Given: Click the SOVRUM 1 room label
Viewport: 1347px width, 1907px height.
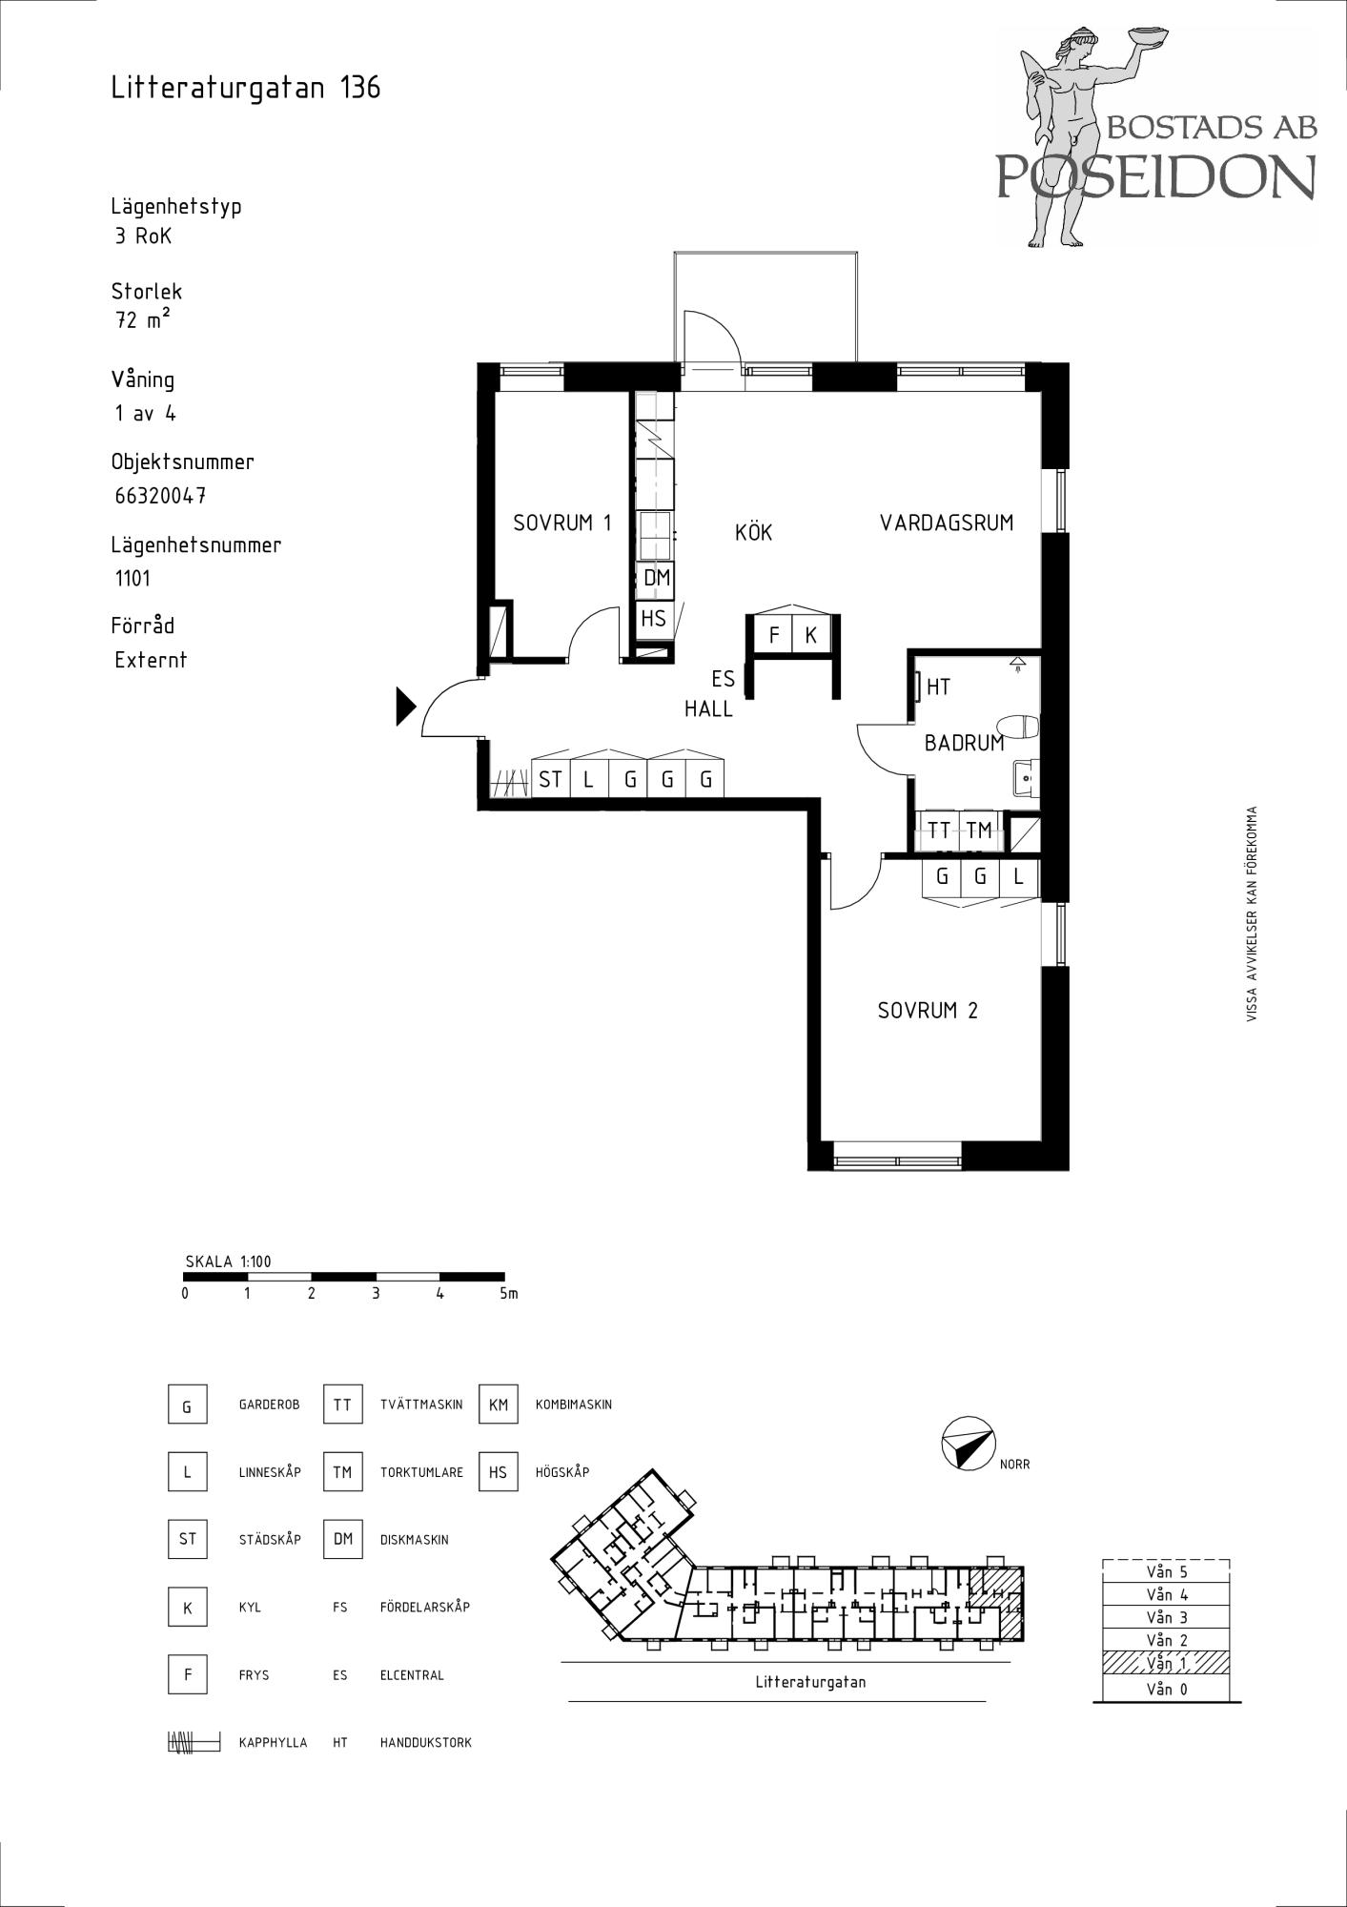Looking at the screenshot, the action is coord(561,523).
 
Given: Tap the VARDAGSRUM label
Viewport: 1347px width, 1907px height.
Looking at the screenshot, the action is coord(947,523).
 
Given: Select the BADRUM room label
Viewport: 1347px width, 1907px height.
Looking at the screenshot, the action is coord(964,743).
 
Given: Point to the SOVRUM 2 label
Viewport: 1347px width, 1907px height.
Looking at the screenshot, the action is coord(928,1011).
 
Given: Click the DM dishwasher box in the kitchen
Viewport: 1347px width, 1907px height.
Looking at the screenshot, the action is coord(656,578).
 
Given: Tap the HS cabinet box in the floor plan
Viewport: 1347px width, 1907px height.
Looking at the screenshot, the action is coord(654,619).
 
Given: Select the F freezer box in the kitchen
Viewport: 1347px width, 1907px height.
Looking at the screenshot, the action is coord(774,635).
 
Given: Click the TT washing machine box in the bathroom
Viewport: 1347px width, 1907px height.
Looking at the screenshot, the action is coord(940,830).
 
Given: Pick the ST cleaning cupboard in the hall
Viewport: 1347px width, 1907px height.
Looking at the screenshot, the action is coord(550,780).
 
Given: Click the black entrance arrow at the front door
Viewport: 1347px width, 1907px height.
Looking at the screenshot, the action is coord(406,707).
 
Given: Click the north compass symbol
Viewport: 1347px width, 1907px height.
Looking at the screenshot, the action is coord(967,1443).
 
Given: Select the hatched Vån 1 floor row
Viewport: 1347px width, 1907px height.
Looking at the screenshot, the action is coord(1166,1663).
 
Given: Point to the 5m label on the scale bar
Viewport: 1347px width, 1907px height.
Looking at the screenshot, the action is coord(508,1294).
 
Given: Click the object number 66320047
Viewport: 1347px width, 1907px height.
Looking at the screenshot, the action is coord(160,496).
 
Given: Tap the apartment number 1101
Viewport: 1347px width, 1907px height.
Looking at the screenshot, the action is coord(133,578).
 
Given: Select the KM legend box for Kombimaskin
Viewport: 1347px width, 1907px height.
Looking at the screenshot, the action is coord(499,1405).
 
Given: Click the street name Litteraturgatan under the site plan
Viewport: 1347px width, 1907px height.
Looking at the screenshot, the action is coord(810,1683).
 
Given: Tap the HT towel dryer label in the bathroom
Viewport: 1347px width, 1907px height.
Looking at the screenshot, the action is coord(938,687).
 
